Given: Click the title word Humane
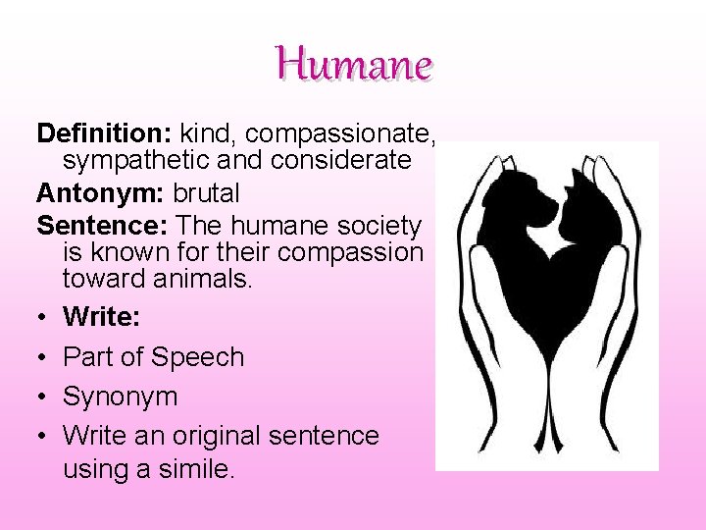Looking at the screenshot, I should [x=354, y=66].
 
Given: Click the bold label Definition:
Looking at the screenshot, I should [x=104, y=132].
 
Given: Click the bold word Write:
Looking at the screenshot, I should [x=103, y=317].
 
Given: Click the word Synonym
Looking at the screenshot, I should [x=121, y=397].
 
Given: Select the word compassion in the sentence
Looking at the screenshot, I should [x=350, y=252].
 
